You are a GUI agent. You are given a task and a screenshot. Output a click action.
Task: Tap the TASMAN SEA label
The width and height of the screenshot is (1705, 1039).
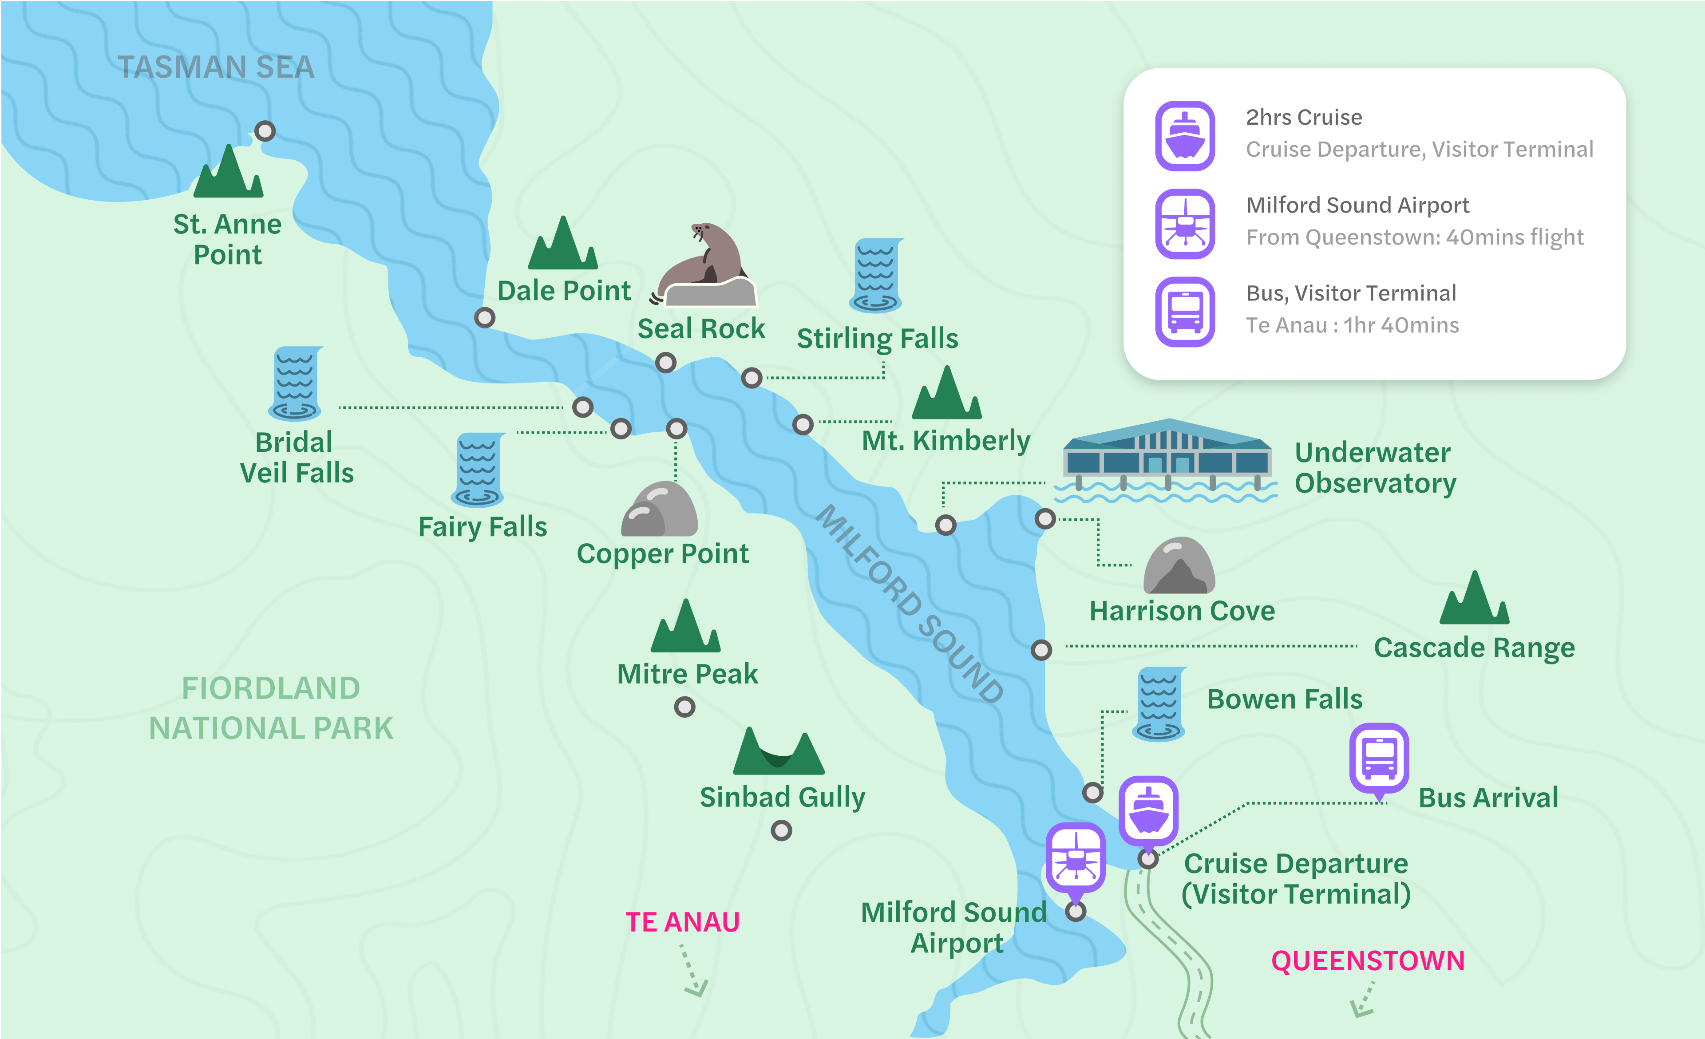point(216,67)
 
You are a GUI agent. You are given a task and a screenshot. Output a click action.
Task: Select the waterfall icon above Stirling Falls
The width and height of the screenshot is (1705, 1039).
point(876,275)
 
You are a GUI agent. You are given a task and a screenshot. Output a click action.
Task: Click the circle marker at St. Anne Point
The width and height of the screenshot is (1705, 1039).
point(265,131)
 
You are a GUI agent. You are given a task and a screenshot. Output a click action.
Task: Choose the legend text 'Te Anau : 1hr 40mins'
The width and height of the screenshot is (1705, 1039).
point(1352,325)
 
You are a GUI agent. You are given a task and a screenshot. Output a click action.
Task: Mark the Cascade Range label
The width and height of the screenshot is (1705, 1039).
point(1474,648)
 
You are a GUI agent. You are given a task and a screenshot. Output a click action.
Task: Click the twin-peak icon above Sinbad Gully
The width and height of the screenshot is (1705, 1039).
point(779,753)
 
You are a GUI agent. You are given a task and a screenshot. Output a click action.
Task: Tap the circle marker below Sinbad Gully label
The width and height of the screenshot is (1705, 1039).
point(781,830)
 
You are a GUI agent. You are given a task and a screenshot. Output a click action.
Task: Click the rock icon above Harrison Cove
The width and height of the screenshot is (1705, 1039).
point(1179,566)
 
